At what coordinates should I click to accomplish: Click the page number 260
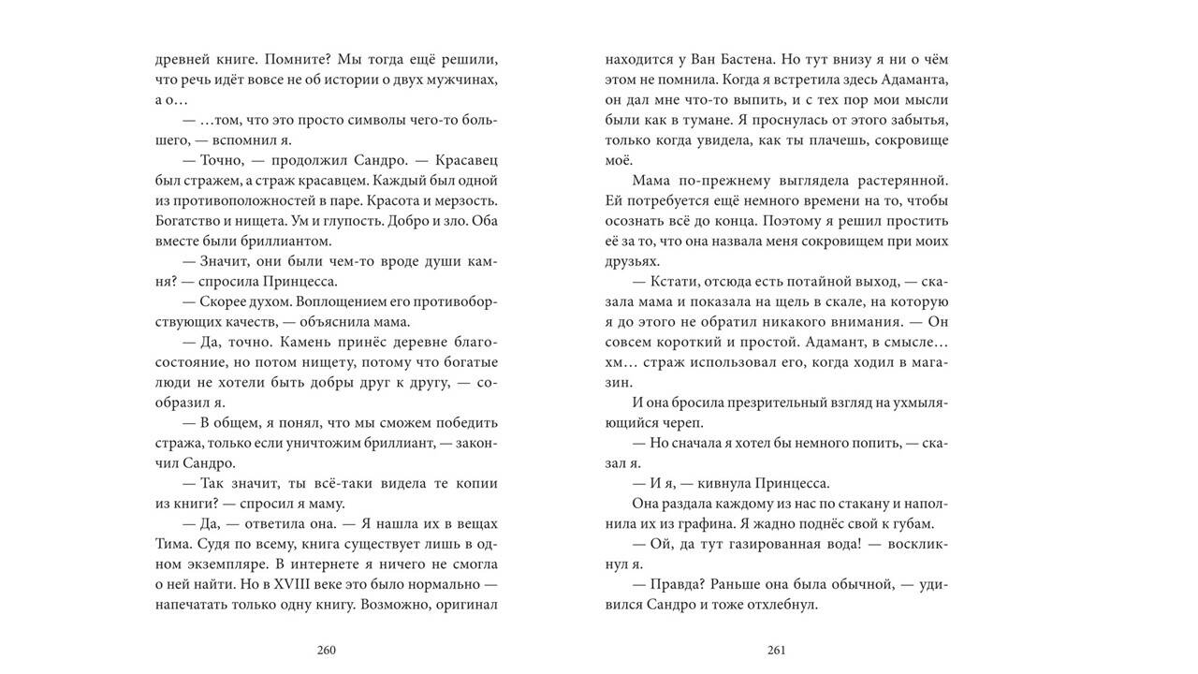pos(326,651)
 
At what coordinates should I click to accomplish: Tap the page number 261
pos(776,651)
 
